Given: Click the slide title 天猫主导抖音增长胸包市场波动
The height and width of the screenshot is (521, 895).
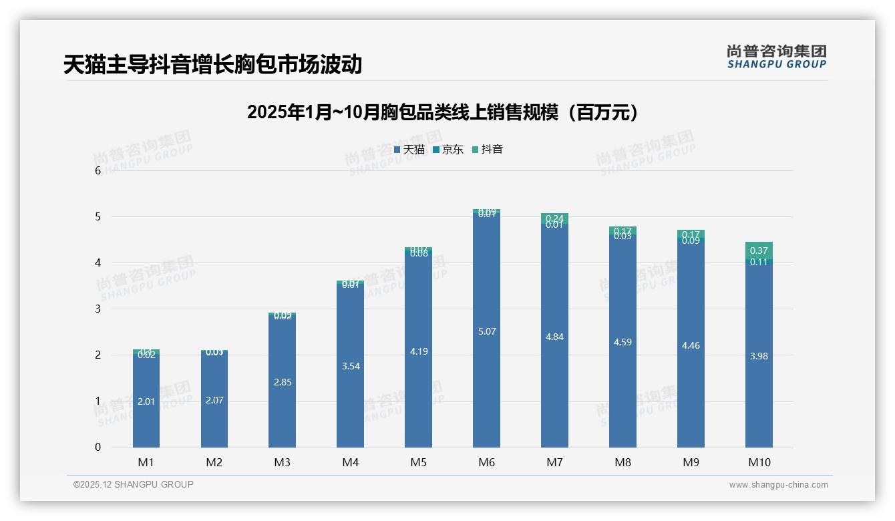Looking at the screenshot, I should [212, 65].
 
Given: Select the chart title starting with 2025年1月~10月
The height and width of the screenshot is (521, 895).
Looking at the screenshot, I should [442, 112].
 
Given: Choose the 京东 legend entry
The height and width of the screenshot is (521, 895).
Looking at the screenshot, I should [448, 150].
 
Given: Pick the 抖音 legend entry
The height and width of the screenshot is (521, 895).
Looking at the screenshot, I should [488, 150].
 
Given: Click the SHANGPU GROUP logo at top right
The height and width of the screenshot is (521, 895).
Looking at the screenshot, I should [776, 57].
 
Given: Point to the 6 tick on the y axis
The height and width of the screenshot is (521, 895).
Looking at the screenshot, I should [98, 171].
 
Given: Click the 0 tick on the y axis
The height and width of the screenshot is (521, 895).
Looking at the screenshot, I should [98, 448].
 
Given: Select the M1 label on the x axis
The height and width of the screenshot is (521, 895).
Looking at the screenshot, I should [146, 462].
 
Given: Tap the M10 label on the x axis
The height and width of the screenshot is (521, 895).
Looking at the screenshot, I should [759, 462].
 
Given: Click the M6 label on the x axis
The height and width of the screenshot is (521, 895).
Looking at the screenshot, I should [486, 462].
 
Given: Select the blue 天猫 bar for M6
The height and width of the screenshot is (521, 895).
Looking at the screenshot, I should [486, 374].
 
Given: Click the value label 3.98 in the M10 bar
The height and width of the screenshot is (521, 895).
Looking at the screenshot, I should [759, 356].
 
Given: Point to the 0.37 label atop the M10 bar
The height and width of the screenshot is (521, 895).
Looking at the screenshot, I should [759, 250].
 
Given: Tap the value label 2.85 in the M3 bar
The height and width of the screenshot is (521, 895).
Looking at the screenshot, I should [282, 382].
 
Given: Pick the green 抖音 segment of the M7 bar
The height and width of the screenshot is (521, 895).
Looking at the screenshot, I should [554, 218].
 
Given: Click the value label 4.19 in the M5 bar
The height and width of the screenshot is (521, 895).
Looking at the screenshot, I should [418, 351].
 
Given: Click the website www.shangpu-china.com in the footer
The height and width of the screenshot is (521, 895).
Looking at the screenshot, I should [778, 485].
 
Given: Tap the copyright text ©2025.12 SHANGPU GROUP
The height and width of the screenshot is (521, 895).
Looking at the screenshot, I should [133, 484].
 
